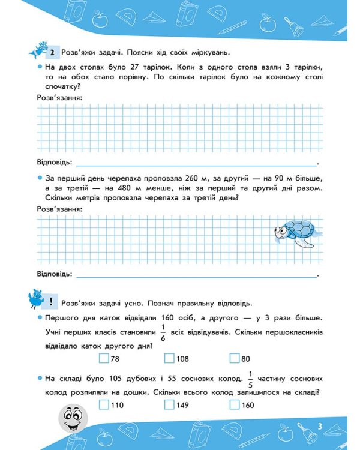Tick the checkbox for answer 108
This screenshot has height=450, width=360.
169,359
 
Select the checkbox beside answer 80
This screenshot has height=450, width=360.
235,359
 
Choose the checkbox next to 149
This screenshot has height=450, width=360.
169,405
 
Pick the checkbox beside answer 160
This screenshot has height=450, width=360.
235,405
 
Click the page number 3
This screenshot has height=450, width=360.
320,427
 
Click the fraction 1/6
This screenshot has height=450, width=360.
163,331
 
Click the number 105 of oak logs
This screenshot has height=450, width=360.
114,379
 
